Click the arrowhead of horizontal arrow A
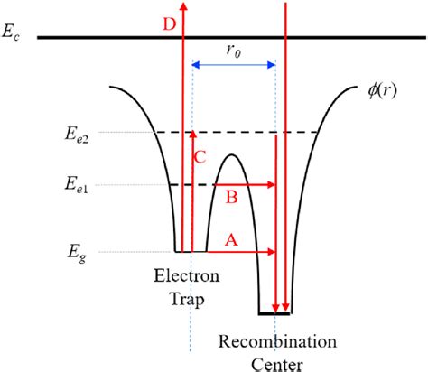pos(270,250)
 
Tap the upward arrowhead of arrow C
pos(192,136)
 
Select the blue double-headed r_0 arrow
pos(234,64)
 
